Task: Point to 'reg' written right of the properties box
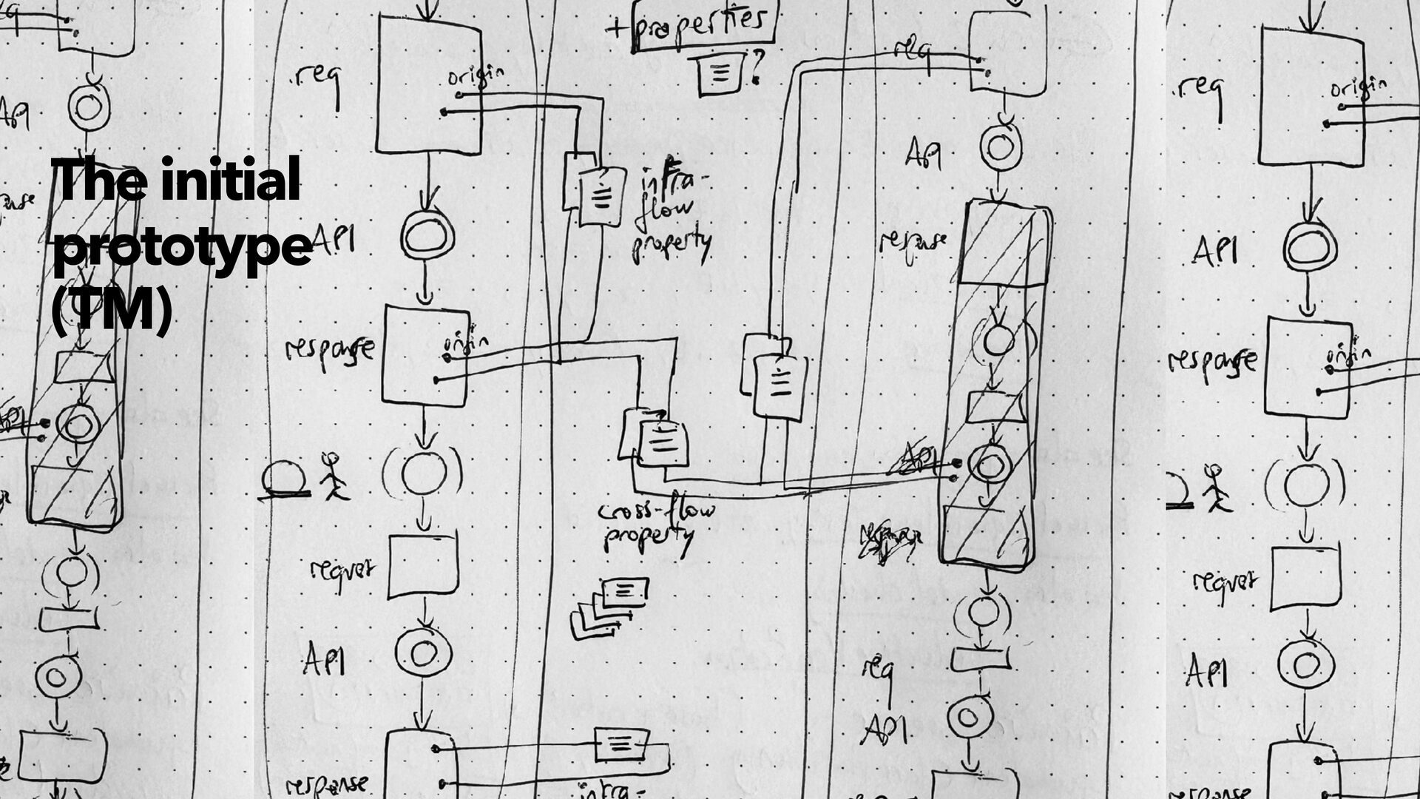(x=911, y=52)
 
